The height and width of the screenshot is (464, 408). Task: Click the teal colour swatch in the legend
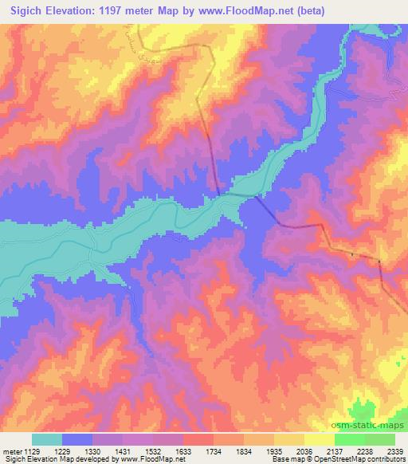point(47,439)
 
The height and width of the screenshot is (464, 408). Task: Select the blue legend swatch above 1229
point(77,439)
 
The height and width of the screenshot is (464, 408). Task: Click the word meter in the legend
point(10,450)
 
